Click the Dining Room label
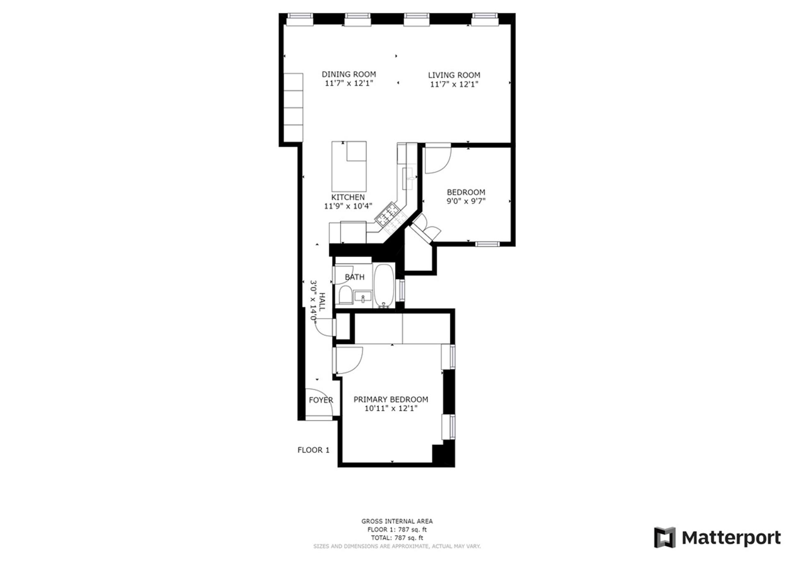[x=349, y=74]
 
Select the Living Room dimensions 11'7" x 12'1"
[x=454, y=84]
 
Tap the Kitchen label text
[x=348, y=197]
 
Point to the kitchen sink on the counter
[x=408, y=178]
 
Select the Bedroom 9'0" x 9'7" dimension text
[x=466, y=202]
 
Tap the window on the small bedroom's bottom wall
[x=488, y=244]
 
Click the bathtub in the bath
[x=385, y=286]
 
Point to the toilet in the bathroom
[x=344, y=295]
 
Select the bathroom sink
[x=363, y=297]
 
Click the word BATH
[x=354, y=277]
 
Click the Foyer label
[x=321, y=400]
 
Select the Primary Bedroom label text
[x=390, y=399]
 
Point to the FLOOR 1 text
[x=313, y=450]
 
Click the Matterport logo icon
[x=665, y=538]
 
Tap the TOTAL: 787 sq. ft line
[x=397, y=538]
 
